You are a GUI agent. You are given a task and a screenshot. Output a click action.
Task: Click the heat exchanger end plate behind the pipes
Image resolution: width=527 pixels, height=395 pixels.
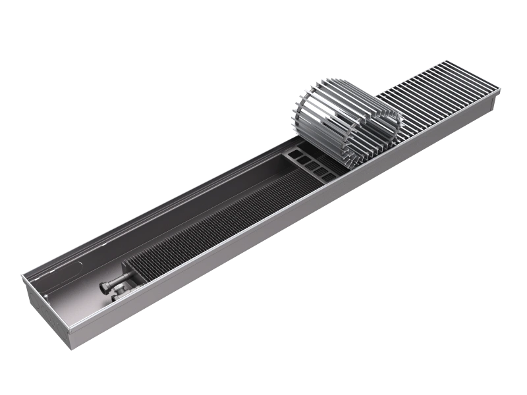(x=125, y=269)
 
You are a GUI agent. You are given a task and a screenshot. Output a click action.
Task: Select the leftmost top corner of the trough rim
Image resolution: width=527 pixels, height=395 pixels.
(x=22, y=275)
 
